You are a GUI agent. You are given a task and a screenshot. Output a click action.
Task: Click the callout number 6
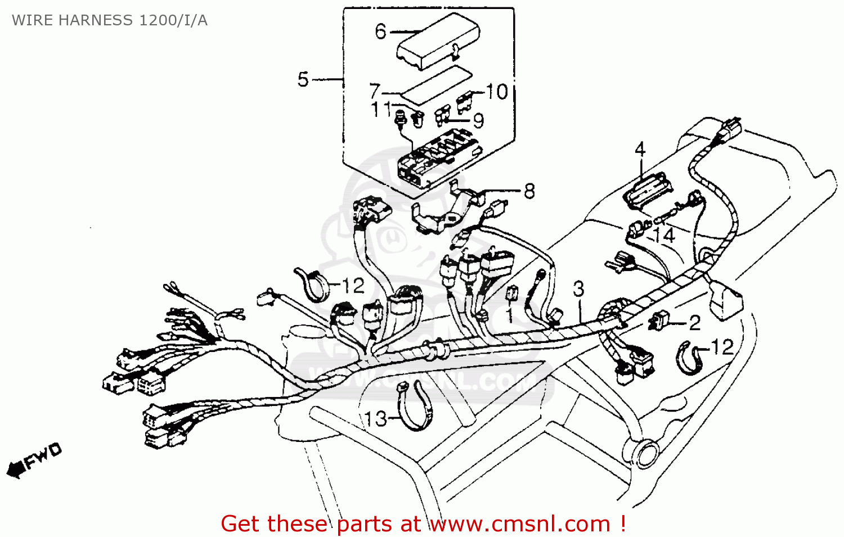pos(381,31)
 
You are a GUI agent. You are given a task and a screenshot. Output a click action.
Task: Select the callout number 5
pos(303,79)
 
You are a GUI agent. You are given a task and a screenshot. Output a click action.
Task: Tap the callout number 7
pos(375,91)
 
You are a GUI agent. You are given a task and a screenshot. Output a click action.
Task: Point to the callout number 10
pos(497,92)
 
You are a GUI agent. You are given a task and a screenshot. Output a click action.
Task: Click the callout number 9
pos(478,120)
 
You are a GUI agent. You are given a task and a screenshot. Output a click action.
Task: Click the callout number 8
pos(529,191)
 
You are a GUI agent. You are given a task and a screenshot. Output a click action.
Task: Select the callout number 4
pos(640,150)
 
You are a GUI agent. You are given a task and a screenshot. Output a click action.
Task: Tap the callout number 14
pos(665,235)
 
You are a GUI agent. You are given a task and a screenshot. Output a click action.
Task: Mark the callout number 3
pos(578,289)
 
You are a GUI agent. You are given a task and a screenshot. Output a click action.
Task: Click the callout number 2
pos(695,323)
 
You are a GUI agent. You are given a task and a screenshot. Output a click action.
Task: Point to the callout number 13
pos(375,419)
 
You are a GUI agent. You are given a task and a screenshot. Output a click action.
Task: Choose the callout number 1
pos(510,315)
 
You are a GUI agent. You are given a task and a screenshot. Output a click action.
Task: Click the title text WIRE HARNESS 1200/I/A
pos(110,21)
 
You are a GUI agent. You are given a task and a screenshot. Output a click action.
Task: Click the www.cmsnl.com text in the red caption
pos(520,524)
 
